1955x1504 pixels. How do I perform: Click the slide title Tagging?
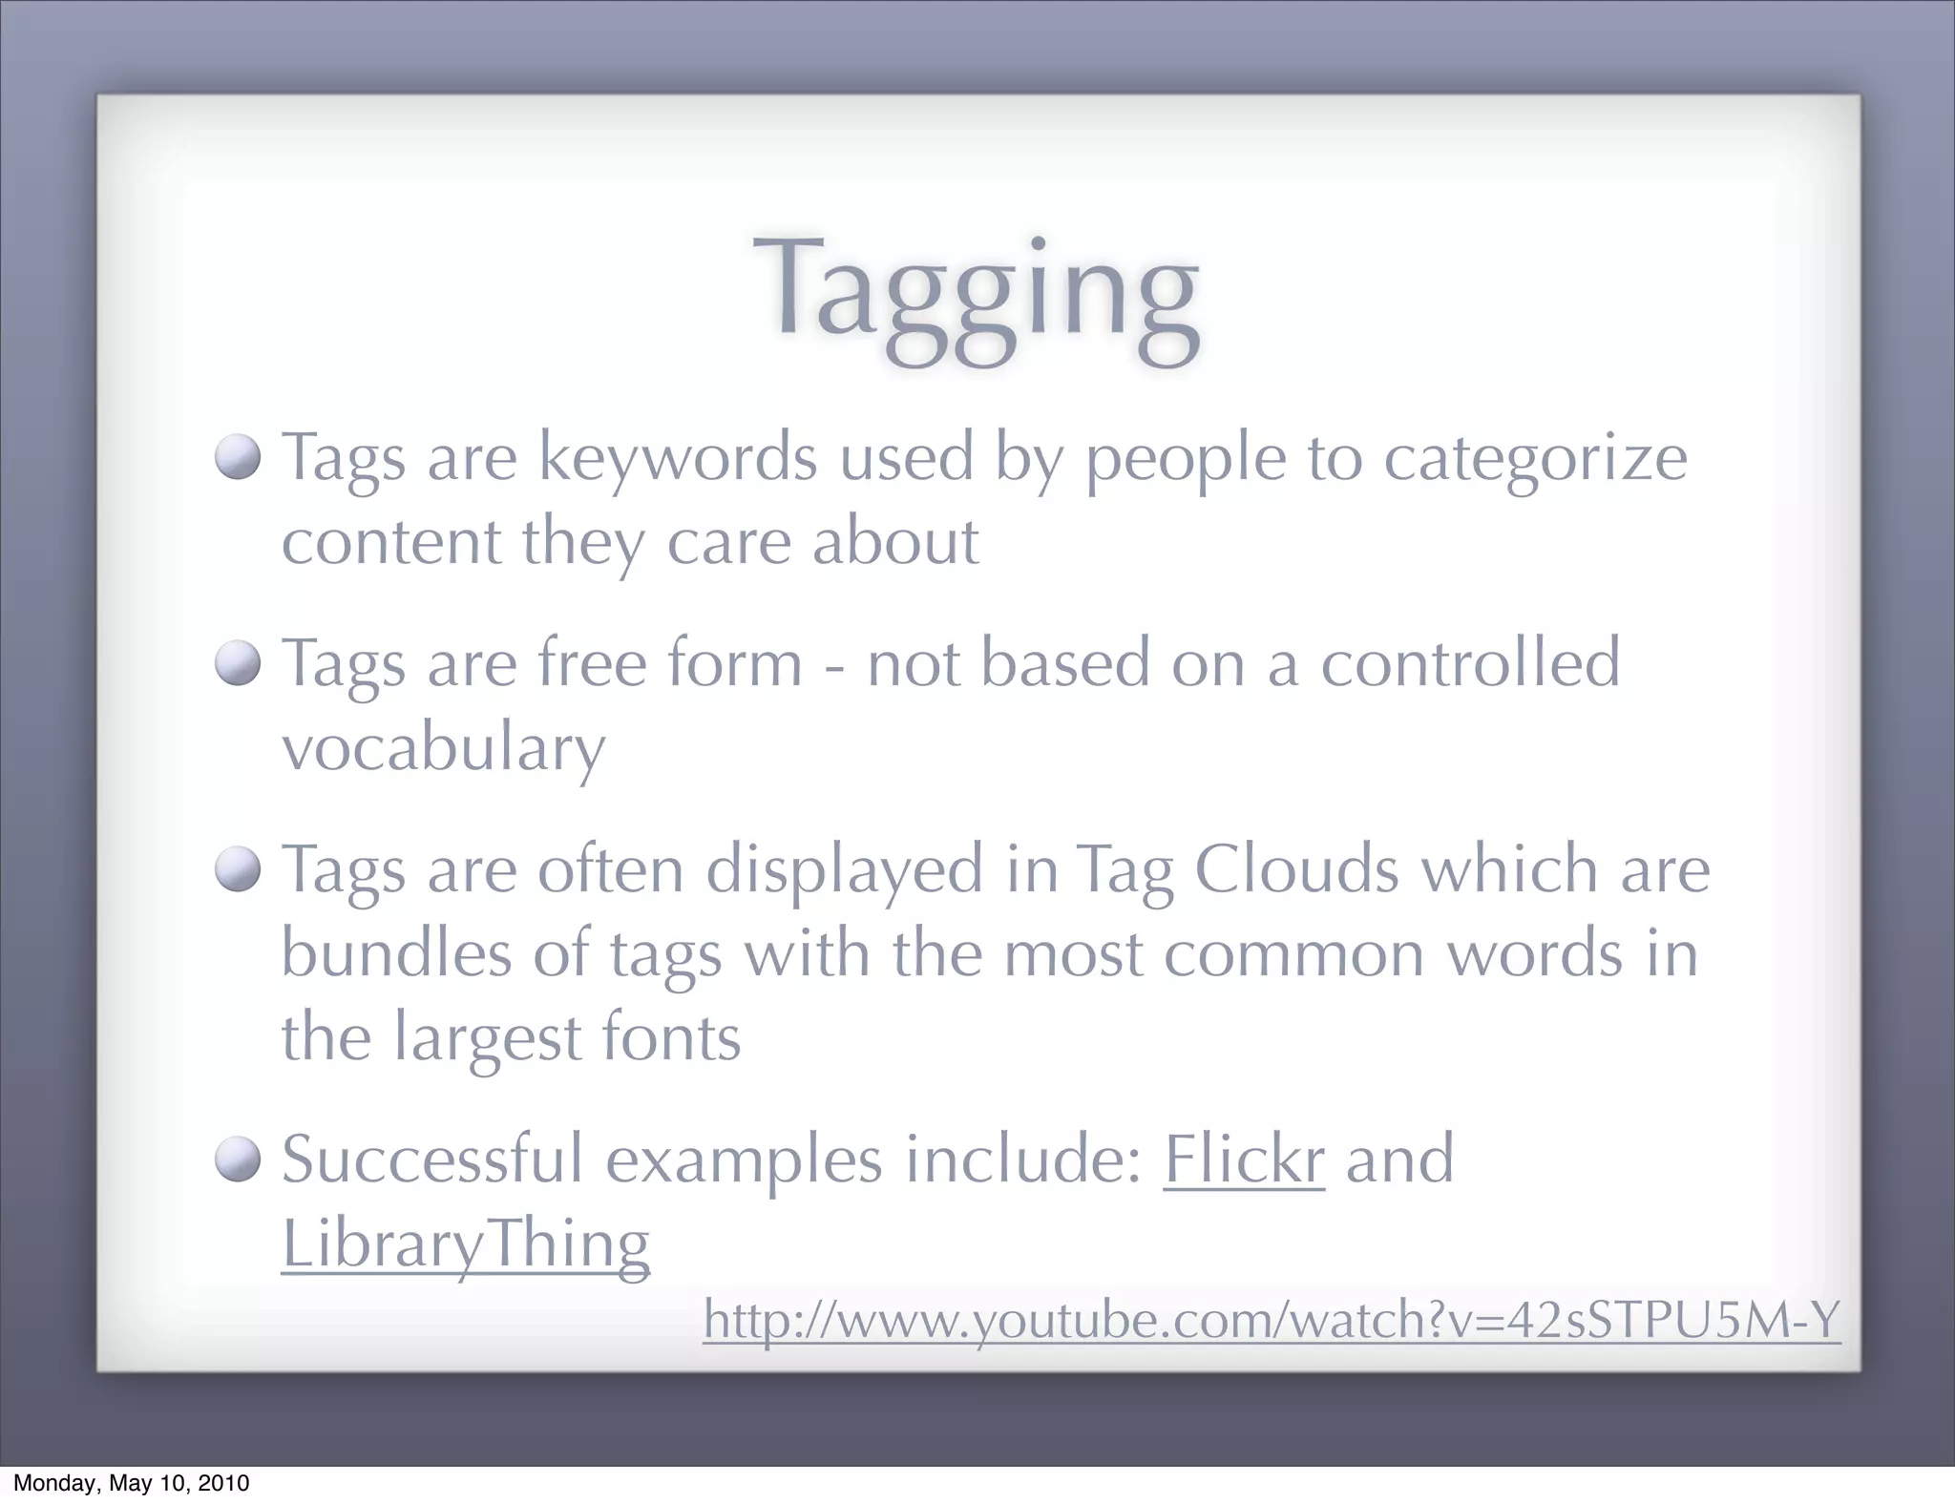click(976, 292)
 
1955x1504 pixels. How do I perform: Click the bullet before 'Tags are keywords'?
click(238, 458)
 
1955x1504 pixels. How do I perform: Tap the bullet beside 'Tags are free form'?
click(238, 663)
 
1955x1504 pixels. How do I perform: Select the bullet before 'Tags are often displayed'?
click(238, 869)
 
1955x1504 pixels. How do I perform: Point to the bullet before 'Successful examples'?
click(238, 1159)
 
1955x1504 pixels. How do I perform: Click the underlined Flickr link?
click(1243, 1159)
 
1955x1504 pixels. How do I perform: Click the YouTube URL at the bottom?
click(1271, 1320)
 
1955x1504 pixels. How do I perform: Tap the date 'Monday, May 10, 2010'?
click(131, 1483)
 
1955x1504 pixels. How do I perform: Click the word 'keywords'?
click(678, 458)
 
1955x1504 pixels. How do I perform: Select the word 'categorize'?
click(1535, 460)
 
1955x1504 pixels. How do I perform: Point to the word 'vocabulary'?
click(444, 748)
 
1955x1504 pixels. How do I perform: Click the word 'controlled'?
click(1470, 663)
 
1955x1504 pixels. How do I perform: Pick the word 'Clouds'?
click(1296, 869)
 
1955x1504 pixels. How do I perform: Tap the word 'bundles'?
click(396, 953)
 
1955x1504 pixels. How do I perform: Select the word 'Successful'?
click(432, 1159)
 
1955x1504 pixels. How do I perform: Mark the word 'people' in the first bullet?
click(1186, 460)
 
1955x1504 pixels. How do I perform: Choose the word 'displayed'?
click(845, 871)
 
